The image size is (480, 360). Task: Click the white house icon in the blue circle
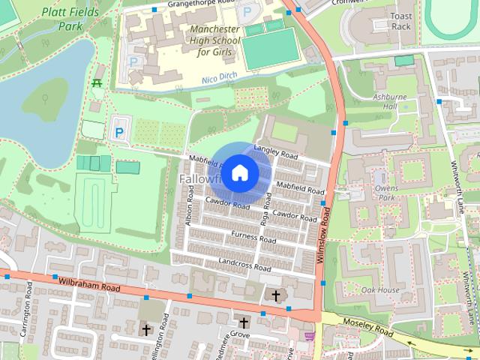(x=239, y=172)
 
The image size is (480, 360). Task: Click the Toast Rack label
(x=401, y=20)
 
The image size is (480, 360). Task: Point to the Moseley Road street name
(x=367, y=325)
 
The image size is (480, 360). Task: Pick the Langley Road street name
(x=276, y=151)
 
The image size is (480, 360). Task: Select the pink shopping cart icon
(x=309, y=335)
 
